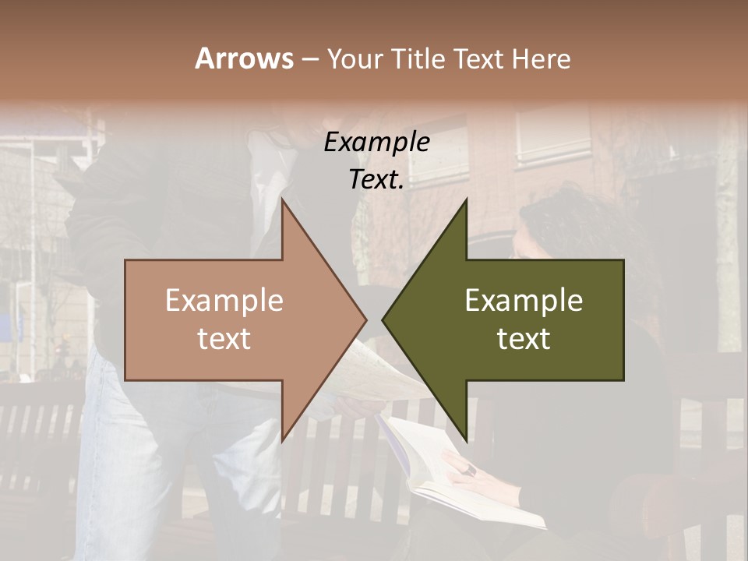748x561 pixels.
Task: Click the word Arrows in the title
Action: pyautogui.click(x=245, y=58)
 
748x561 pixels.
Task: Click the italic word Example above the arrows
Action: pyautogui.click(x=376, y=142)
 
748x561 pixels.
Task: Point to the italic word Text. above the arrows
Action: pyautogui.click(x=376, y=179)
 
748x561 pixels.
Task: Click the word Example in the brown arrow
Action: pyautogui.click(x=224, y=300)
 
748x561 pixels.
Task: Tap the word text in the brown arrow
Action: pyautogui.click(x=224, y=338)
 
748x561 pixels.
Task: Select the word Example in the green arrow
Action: pyautogui.click(x=524, y=300)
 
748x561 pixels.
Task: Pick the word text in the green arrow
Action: pyautogui.click(x=524, y=338)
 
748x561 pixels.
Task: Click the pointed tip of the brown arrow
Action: pyautogui.click(x=365, y=319)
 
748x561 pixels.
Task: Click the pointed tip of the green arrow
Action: pyautogui.click(x=384, y=319)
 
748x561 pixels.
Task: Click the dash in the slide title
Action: pyautogui.click(x=309, y=59)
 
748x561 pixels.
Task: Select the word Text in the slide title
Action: pyautogui.click(x=478, y=58)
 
